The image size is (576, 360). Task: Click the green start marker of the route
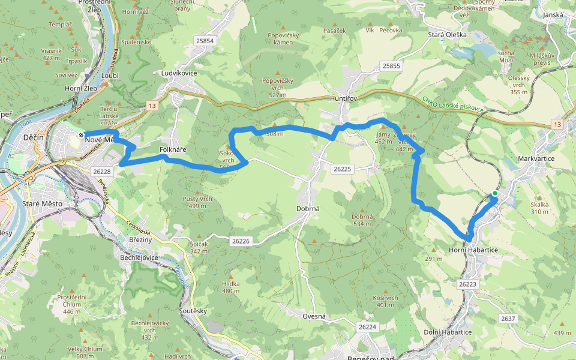[x=494, y=193]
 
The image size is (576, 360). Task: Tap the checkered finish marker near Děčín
[x=80, y=134]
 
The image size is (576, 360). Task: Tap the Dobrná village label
[x=308, y=209]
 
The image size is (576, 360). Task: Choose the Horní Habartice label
[x=473, y=250]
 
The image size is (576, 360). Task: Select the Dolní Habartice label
[x=448, y=332]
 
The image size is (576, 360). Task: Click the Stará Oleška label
[x=447, y=35]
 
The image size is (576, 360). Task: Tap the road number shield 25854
[x=205, y=41]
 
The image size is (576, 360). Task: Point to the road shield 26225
[x=342, y=169]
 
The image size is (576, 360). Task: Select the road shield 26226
[x=240, y=241]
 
